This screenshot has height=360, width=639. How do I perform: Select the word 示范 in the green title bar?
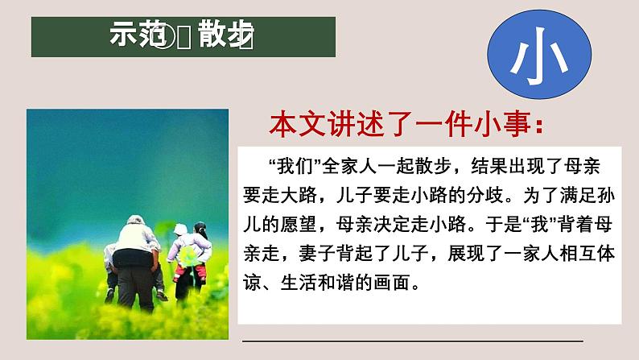[136, 36]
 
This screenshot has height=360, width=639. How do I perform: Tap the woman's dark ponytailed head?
[197, 234]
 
